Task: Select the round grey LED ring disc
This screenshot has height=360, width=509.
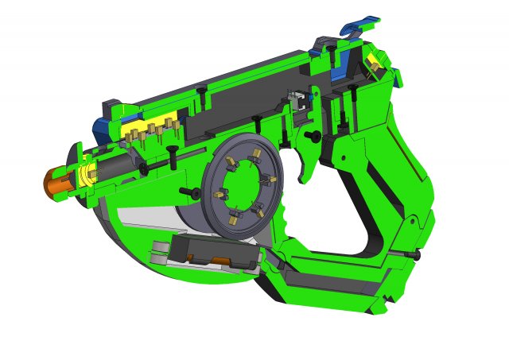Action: click(x=243, y=186)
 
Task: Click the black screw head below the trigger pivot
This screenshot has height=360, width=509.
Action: click(x=316, y=137)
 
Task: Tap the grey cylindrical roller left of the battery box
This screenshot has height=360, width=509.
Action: click(x=158, y=254)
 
